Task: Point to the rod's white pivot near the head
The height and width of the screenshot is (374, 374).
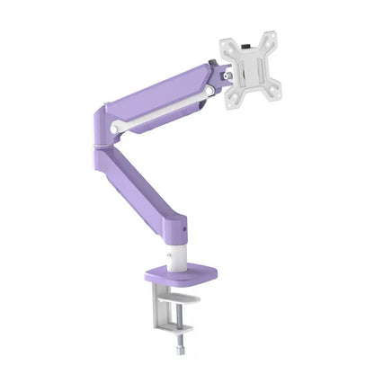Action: pos(209,89)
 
